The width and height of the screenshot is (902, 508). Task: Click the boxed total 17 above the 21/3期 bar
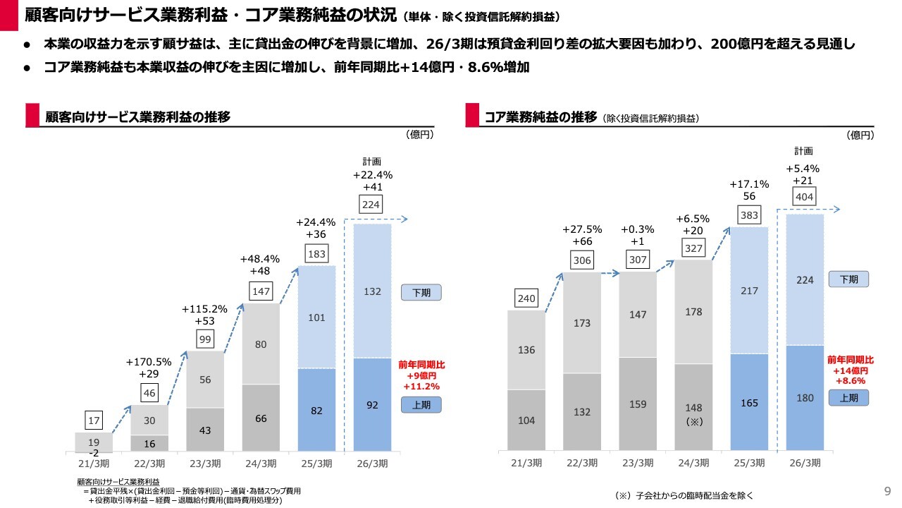pos(94,421)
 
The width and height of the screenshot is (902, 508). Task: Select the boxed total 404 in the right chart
pos(804,197)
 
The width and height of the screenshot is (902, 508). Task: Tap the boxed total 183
pos(316,254)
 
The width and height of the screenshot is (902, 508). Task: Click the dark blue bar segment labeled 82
pos(316,409)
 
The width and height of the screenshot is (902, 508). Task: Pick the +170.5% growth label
pos(149,362)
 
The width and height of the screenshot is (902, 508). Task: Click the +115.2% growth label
pos(204,309)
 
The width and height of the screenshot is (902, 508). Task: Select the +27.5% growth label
pos(582,229)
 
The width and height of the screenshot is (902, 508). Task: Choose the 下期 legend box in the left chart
pos(421,292)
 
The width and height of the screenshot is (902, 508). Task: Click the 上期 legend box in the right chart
pos(848,398)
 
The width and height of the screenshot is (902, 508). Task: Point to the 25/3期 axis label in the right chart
pos(749,463)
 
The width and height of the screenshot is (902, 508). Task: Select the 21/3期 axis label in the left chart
pos(94,463)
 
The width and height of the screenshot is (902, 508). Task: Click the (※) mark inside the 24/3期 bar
pos(693,421)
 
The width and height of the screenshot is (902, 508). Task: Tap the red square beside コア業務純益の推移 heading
pos(472,116)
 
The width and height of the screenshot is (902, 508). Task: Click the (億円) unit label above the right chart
pos(861,135)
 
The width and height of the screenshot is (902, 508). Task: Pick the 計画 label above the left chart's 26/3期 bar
pos(372,161)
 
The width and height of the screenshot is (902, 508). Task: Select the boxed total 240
pos(526,298)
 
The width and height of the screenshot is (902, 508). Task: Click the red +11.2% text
pos(421,387)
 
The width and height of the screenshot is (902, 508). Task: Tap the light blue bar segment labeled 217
pos(749,290)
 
